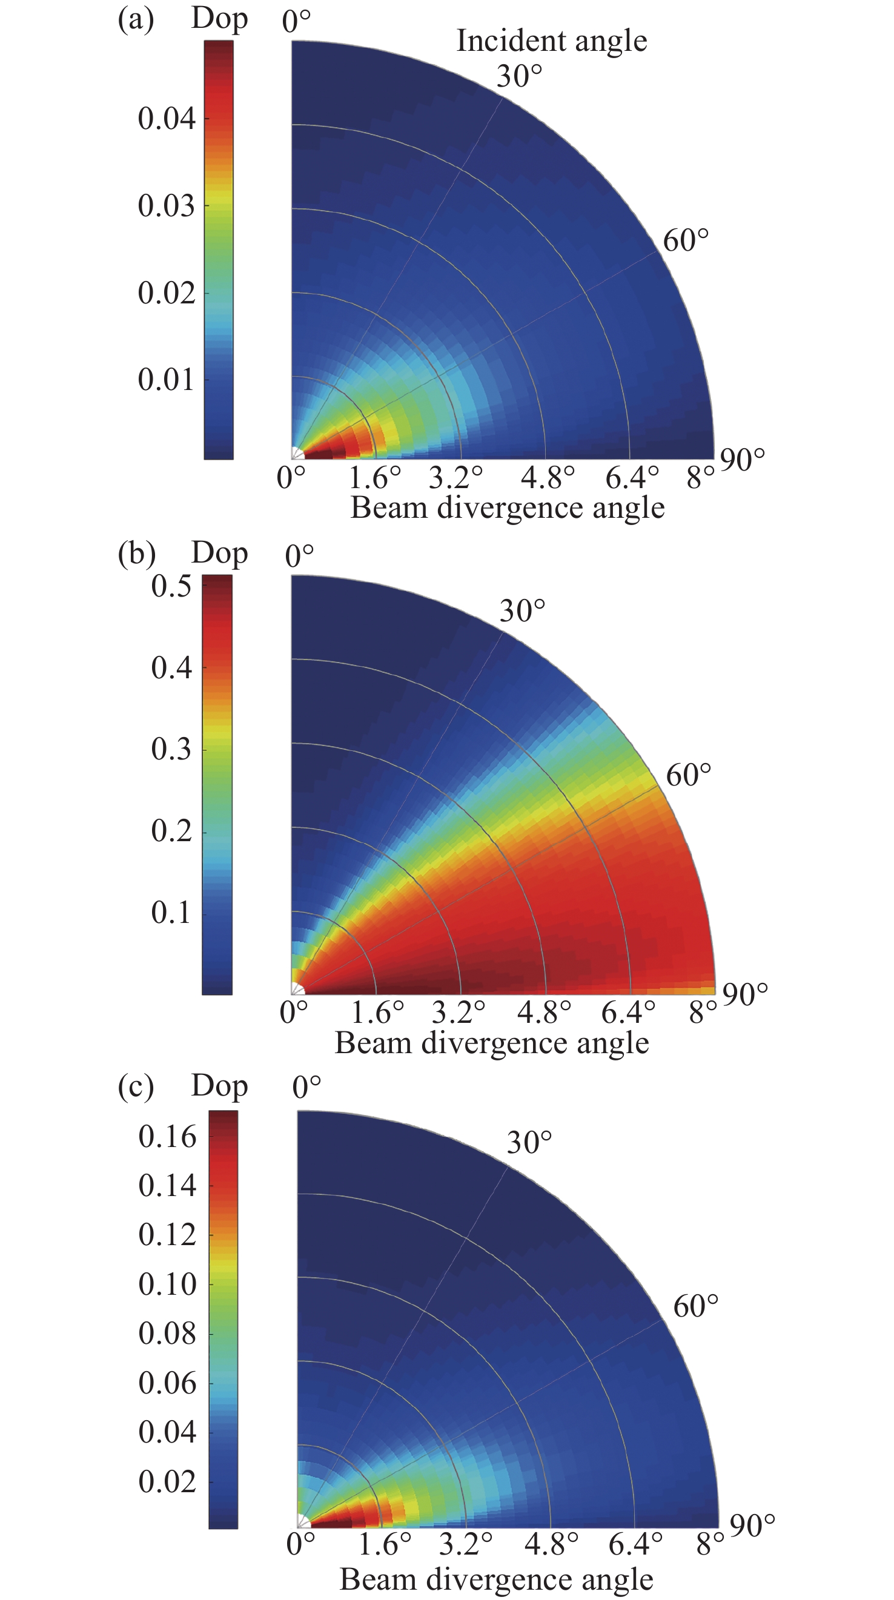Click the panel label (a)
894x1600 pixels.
click(x=136, y=20)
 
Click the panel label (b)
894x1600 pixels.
click(x=136, y=554)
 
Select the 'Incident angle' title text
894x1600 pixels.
click(x=552, y=41)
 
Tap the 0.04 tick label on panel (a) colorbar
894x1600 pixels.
click(x=167, y=118)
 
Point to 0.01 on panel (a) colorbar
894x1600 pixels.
click(x=167, y=380)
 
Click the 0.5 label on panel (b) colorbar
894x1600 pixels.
click(x=171, y=586)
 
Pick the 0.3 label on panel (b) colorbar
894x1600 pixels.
click(x=171, y=749)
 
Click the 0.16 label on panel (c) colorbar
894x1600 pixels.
click(x=167, y=1137)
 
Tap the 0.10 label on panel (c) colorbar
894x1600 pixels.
click(x=167, y=1284)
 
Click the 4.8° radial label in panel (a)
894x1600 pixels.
click(x=548, y=478)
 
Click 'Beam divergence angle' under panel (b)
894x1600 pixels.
click(x=491, y=1043)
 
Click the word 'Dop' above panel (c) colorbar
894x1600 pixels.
click(x=219, y=1086)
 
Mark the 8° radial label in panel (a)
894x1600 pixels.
click(x=701, y=478)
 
